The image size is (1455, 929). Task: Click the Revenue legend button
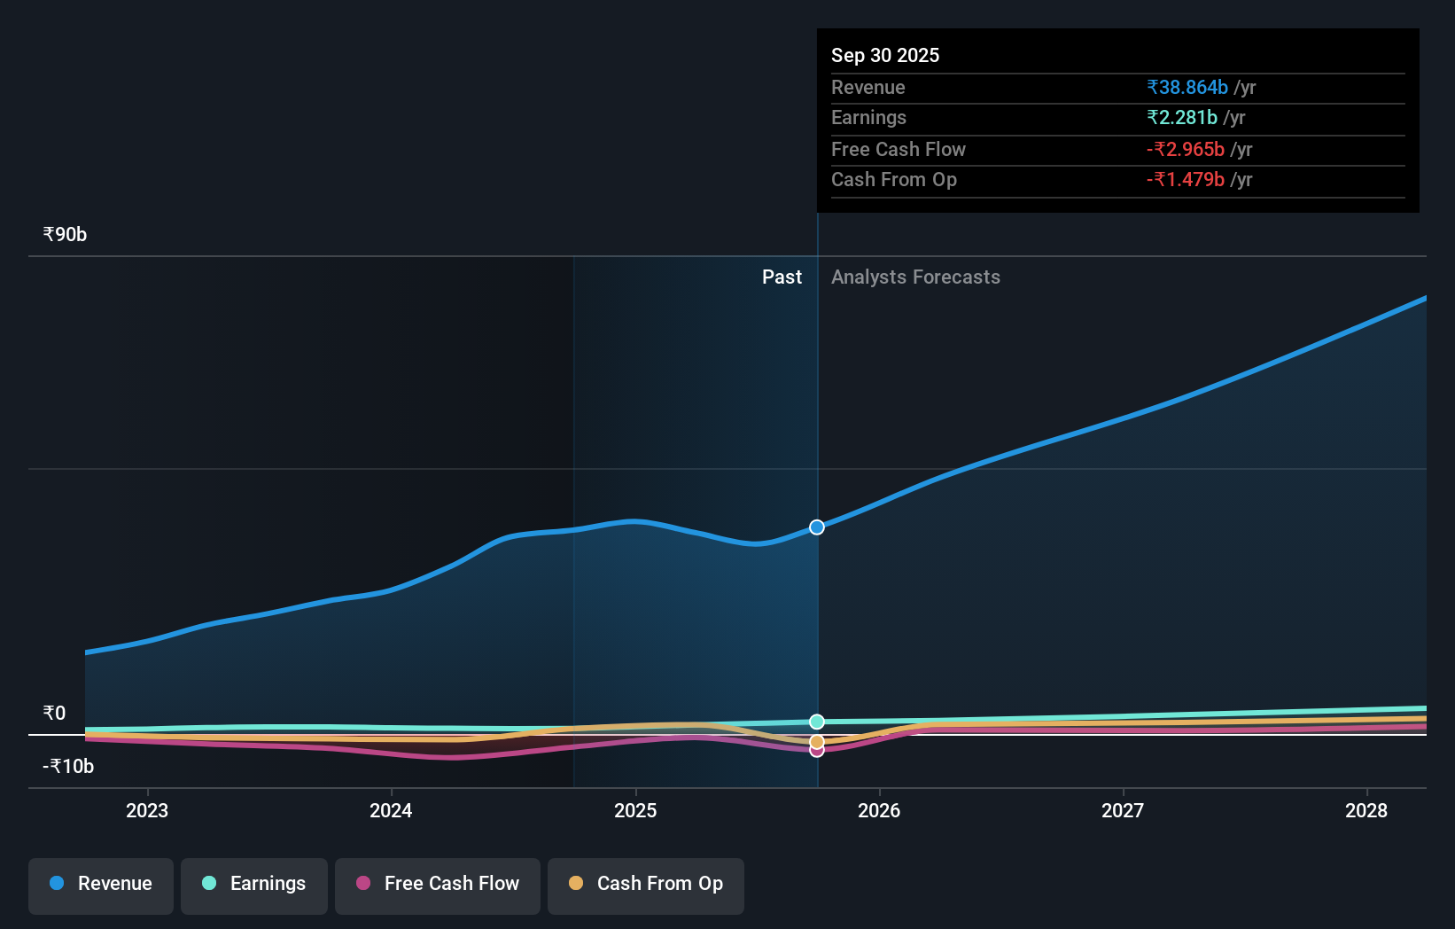click(x=101, y=884)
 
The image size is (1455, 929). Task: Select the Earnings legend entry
click(x=254, y=884)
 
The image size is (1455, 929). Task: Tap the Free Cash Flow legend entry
click(x=438, y=884)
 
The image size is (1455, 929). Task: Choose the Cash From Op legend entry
click(x=646, y=884)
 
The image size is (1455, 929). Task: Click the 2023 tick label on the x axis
click(x=147, y=810)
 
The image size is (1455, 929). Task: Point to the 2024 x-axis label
click(x=391, y=810)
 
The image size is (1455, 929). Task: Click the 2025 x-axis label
click(x=635, y=810)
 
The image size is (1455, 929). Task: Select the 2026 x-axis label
click(x=879, y=810)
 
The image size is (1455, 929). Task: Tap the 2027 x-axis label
click(x=1123, y=810)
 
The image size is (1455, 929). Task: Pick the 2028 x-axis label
click(x=1366, y=810)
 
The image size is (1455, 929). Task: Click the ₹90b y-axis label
click(x=65, y=235)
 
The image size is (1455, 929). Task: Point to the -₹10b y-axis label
click(x=68, y=767)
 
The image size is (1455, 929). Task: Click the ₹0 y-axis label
click(x=54, y=714)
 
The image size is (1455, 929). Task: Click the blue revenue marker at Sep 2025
click(x=817, y=527)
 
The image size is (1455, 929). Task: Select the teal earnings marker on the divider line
click(x=817, y=722)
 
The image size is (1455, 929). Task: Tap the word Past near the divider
click(x=782, y=277)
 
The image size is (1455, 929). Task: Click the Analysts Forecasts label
click(x=915, y=277)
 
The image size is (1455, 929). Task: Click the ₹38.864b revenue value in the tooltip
click(x=1187, y=88)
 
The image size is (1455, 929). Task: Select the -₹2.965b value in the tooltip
click(x=1186, y=150)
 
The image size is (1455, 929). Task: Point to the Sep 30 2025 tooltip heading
click(x=885, y=56)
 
